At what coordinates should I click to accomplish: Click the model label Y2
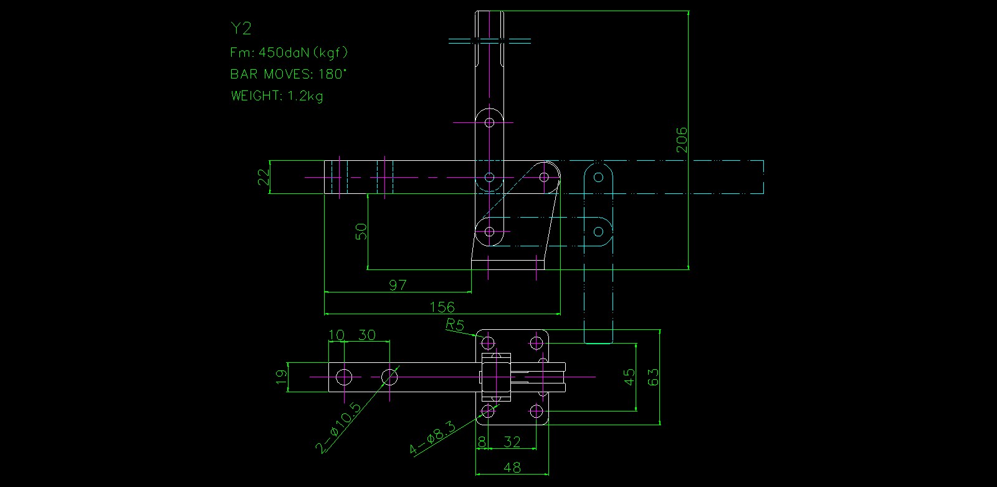(241, 29)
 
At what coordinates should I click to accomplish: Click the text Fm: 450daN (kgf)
(289, 52)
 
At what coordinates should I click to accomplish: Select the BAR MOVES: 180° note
(288, 74)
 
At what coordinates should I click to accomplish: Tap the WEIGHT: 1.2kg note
(277, 96)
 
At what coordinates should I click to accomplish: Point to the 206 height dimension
(682, 140)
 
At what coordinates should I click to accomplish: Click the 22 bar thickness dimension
(264, 178)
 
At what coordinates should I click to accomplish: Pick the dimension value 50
(361, 231)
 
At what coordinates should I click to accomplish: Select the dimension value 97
(398, 285)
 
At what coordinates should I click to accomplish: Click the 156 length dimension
(442, 307)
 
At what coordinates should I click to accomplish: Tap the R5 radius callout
(455, 325)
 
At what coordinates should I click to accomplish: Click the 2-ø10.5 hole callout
(339, 428)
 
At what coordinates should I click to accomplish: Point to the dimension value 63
(653, 377)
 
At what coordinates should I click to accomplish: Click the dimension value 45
(629, 377)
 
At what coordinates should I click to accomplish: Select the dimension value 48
(512, 467)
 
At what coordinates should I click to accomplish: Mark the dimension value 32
(512, 442)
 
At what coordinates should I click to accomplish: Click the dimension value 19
(281, 377)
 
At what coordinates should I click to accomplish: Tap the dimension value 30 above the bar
(367, 335)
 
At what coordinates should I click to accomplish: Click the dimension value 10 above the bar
(336, 335)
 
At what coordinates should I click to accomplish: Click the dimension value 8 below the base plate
(482, 442)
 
